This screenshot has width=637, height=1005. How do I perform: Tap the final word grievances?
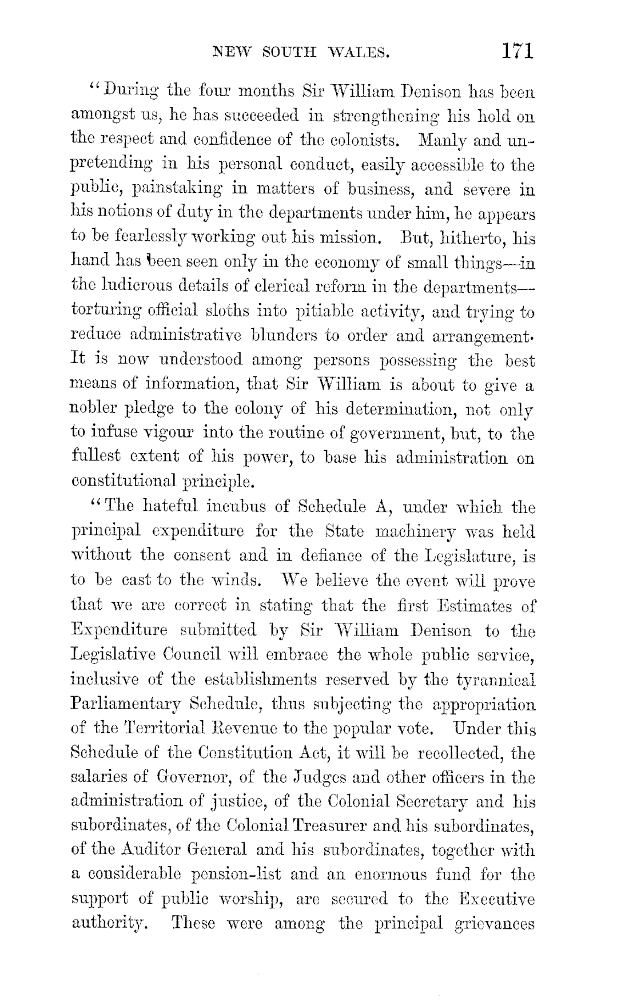pyautogui.click(x=495, y=924)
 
